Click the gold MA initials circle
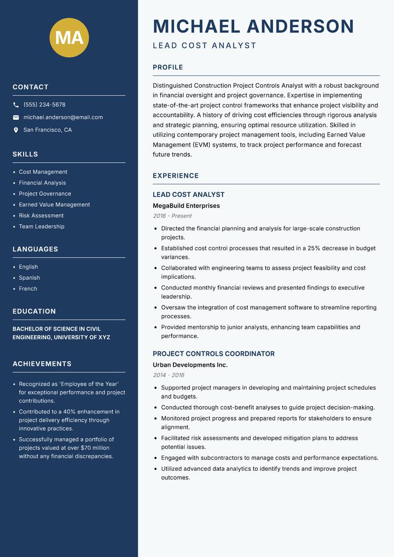pyautogui.click(x=69, y=37)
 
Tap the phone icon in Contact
pyautogui.click(x=16, y=105)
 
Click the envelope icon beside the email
pyautogui.click(x=16, y=117)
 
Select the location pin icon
pyautogui.click(x=16, y=130)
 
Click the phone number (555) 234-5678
pyautogui.click(x=44, y=105)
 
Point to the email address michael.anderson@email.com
pyautogui.click(x=63, y=117)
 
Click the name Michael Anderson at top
pyautogui.click(x=253, y=26)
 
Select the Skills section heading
pyautogui.click(x=25, y=154)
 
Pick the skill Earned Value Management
pyautogui.click(x=54, y=205)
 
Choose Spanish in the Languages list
pyautogui.click(x=29, y=278)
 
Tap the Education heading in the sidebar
pyautogui.click(x=34, y=312)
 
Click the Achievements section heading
pyautogui.click(x=42, y=364)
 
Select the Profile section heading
pyautogui.click(x=167, y=68)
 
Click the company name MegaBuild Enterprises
pyautogui.click(x=186, y=206)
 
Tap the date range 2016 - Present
pyautogui.click(x=172, y=216)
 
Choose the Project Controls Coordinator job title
pyautogui.click(x=213, y=354)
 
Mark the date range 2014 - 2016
pyautogui.click(x=168, y=375)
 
